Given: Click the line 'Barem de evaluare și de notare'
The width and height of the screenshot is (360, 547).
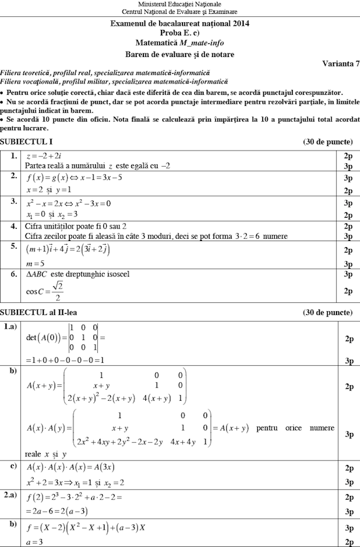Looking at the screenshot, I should pyautogui.click(x=179, y=54).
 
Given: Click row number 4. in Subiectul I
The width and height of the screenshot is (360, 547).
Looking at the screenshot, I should pyautogui.click(x=13, y=226).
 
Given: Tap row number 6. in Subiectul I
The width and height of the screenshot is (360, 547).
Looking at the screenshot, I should pyautogui.click(x=13, y=274).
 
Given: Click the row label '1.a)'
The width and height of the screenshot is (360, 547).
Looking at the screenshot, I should pyautogui.click(x=11, y=327).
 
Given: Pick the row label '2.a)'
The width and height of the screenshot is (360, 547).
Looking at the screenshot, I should pyautogui.click(x=11, y=495).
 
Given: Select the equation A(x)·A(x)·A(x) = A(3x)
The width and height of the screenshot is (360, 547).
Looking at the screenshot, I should pyautogui.click(x=71, y=467).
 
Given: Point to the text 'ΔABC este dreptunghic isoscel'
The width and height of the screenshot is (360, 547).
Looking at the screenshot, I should pyautogui.click(x=77, y=274).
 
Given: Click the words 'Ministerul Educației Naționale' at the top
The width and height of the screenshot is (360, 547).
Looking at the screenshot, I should pyautogui.click(x=179, y=4).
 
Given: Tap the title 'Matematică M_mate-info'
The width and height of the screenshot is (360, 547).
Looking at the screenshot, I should pyautogui.click(x=179, y=43).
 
